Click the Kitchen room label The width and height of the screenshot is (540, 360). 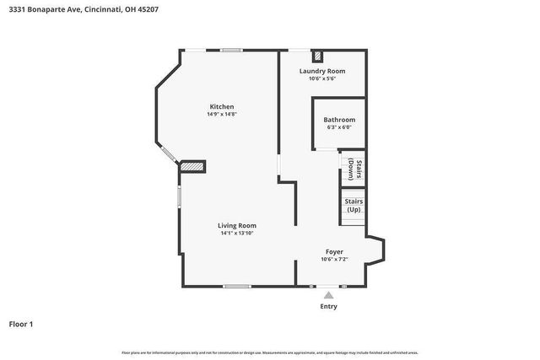point(222,106)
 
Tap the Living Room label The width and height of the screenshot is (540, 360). point(237,225)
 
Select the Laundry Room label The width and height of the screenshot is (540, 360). point(322,71)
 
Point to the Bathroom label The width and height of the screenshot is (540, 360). point(339,120)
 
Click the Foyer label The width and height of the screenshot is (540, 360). point(335,252)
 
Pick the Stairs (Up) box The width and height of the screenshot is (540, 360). point(353,206)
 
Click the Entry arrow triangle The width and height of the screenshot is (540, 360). point(328,295)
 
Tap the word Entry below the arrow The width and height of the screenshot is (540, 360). point(328,306)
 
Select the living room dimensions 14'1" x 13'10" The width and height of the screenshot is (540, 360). point(237,233)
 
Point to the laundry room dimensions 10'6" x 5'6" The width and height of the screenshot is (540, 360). point(322,78)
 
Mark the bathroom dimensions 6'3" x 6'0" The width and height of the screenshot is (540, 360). point(339,127)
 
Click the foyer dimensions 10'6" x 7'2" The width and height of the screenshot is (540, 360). point(335,260)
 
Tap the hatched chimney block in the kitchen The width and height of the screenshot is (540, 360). point(193,168)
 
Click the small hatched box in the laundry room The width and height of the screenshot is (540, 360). point(317,57)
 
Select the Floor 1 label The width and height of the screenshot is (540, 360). point(21,324)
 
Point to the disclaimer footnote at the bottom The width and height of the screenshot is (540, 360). point(270,352)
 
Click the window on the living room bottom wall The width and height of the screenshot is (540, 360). point(236,287)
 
